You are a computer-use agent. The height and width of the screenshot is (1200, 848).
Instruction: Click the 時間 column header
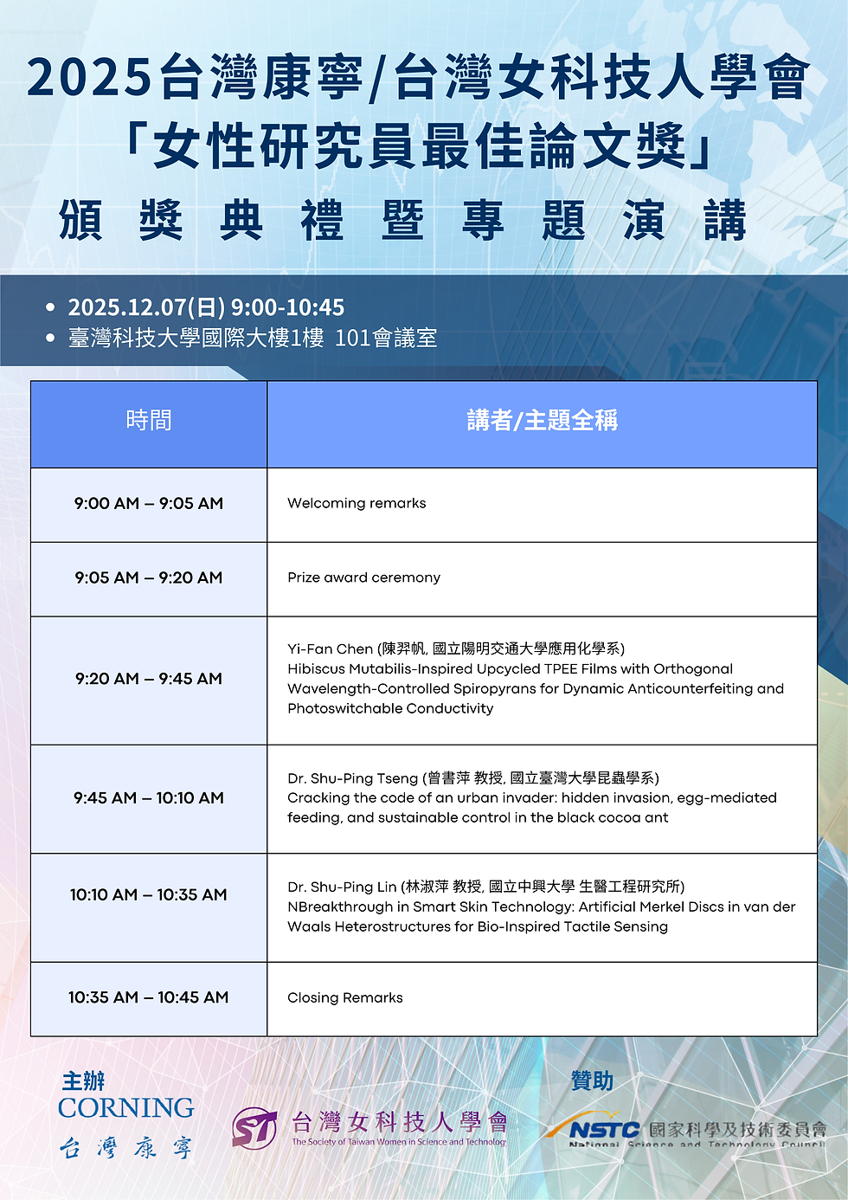[149, 421]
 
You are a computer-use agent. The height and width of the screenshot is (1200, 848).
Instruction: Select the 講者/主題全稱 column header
[542, 421]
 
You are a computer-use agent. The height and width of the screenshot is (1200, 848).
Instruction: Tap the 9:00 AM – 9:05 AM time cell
[149, 503]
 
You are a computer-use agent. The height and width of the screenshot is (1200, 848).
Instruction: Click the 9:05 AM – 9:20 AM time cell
[149, 577]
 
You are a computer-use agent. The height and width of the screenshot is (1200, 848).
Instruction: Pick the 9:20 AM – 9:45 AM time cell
[149, 679]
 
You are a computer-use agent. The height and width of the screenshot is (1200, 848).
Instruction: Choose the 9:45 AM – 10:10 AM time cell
[149, 797]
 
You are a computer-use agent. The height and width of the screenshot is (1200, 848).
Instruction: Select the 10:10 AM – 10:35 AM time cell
[149, 894]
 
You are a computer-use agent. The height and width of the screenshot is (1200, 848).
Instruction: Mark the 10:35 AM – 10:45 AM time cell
[149, 997]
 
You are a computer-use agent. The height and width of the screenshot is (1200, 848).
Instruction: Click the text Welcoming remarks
[357, 503]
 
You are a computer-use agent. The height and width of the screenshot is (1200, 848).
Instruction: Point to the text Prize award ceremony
[363, 577]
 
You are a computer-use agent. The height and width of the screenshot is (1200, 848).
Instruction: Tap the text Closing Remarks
[345, 997]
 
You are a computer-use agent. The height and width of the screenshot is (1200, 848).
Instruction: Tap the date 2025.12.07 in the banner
[127, 307]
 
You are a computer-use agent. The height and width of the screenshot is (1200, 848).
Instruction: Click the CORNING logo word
[126, 1108]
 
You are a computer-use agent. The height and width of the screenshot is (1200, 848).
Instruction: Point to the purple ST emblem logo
[254, 1127]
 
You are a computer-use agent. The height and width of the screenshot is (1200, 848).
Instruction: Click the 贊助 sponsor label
[592, 1081]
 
